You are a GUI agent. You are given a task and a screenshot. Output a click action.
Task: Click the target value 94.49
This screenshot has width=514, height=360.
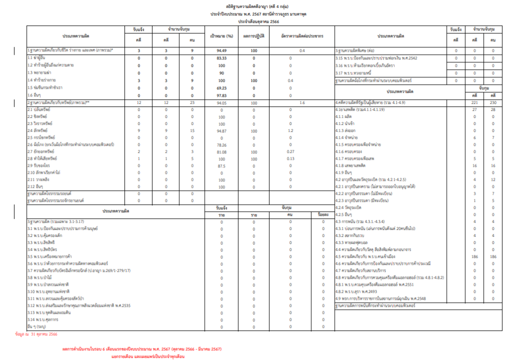222,51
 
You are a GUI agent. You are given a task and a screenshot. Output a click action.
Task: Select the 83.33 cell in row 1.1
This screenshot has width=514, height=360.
222,58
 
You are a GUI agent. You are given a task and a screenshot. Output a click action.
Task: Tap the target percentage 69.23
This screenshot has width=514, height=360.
222,87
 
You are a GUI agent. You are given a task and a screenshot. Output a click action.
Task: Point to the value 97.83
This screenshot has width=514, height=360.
222,95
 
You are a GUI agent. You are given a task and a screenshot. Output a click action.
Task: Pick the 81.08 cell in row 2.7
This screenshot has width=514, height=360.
222,151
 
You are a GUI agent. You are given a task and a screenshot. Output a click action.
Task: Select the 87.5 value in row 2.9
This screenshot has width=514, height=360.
222,165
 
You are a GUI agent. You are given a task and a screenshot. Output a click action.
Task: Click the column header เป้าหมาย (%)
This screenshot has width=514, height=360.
222,37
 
